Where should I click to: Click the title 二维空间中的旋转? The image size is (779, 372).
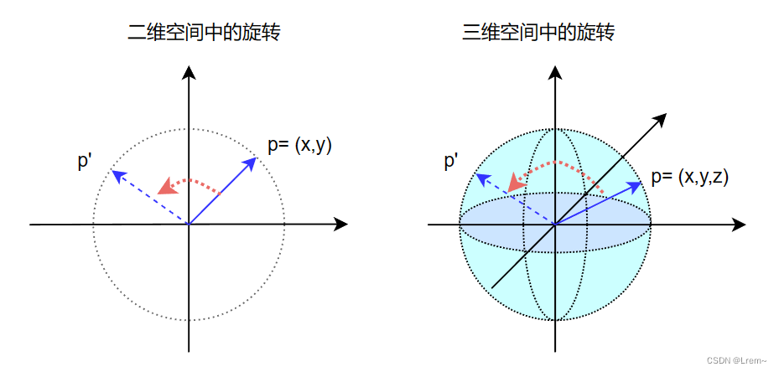pyautogui.click(x=203, y=34)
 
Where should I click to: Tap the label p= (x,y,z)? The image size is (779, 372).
pyautogui.click(x=690, y=177)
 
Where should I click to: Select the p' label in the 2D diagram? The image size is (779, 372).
pyautogui.click(x=85, y=161)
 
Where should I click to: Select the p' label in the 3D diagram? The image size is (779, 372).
pyautogui.click(x=451, y=161)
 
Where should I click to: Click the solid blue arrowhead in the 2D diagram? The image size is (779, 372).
pyautogui.click(x=251, y=162)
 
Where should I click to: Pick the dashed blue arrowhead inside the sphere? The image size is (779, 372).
pyautogui.click(x=480, y=177)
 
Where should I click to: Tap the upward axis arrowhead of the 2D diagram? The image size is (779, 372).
pyautogui.click(x=190, y=73)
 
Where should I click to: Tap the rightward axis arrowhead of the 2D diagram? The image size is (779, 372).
pyautogui.click(x=340, y=225)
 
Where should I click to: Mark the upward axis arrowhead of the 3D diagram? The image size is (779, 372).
pyautogui.click(x=555, y=73)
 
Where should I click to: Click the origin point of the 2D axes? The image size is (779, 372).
pyautogui.click(x=190, y=225)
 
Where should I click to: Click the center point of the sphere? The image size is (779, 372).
pyautogui.click(x=555, y=225)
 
